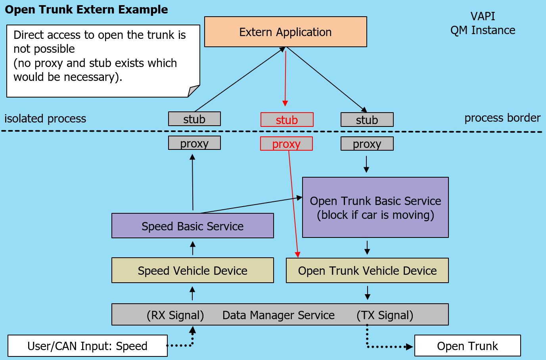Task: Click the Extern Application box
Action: (x=285, y=32)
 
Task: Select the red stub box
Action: (x=287, y=120)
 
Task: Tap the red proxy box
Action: (x=286, y=144)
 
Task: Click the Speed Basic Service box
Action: (x=192, y=226)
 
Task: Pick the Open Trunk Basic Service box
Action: (x=375, y=207)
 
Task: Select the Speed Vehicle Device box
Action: (x=192, y=270)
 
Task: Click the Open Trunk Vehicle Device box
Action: (x=367, y=270)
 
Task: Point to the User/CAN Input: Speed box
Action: (x=87, y=346)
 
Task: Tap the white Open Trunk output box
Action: (x=467, y=346)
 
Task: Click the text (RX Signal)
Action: (x=175, y=315)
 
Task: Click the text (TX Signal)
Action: (x=385, y=315)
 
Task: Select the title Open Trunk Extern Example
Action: (x=86, y=10)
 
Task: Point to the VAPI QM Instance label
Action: (x=483, y=23)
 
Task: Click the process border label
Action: (x=502, y=118)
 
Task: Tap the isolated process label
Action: (x=45, y=119)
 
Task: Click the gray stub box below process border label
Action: (x=367, y=120)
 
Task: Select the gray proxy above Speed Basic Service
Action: (x=194, y=143)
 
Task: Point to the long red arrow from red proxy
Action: (x=293, y=202)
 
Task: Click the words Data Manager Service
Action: (x=278, y=315)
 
